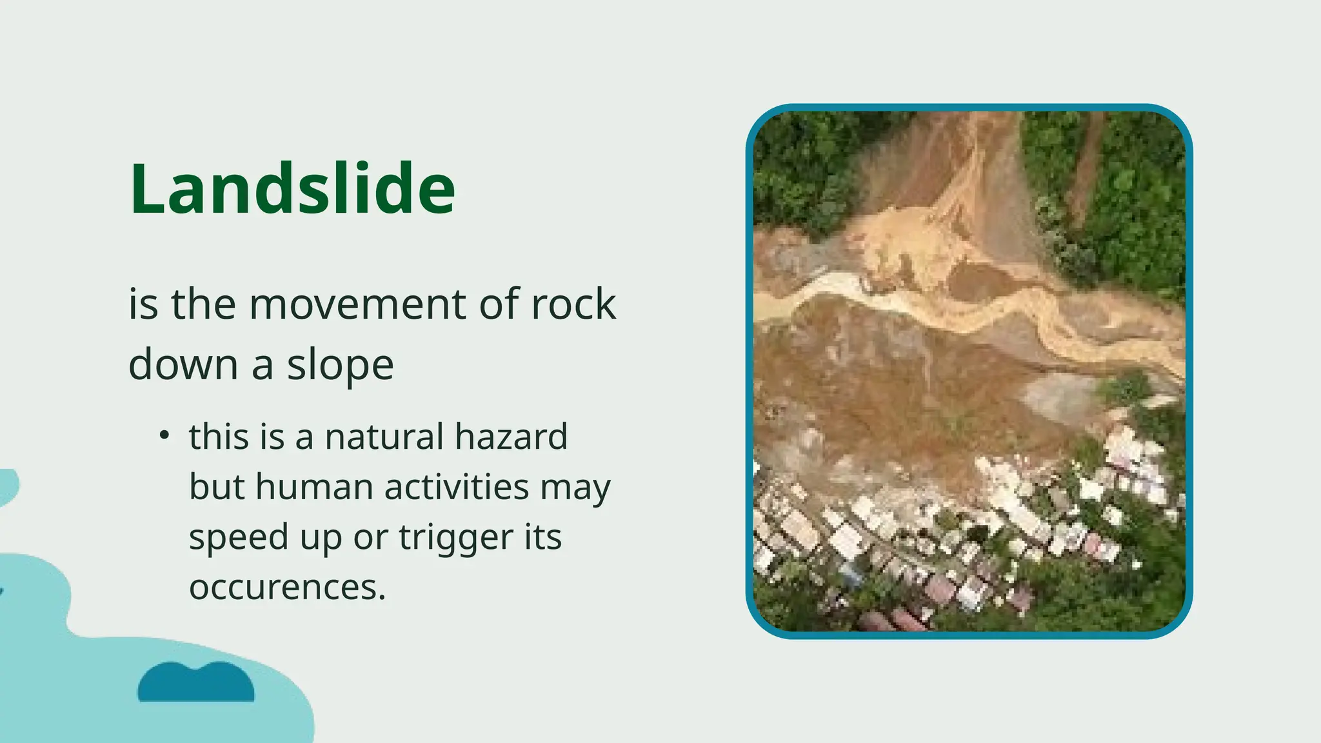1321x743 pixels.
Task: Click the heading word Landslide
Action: [x=292, y=188]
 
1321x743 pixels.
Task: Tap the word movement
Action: [x=357, y=304]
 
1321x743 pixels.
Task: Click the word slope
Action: [x=340, y=365]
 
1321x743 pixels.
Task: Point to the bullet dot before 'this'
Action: [x=164, y=435]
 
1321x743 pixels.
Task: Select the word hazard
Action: [x=511, y=437]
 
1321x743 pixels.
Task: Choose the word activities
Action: [x=457, y=487]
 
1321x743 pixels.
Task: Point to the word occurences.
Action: [x=286, y=588]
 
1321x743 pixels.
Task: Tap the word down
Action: [x=184, y=365]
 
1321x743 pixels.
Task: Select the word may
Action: [x=575, y=487]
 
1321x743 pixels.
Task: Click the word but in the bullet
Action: [x=217, y=487]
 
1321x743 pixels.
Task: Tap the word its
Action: [x=542, y=537]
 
